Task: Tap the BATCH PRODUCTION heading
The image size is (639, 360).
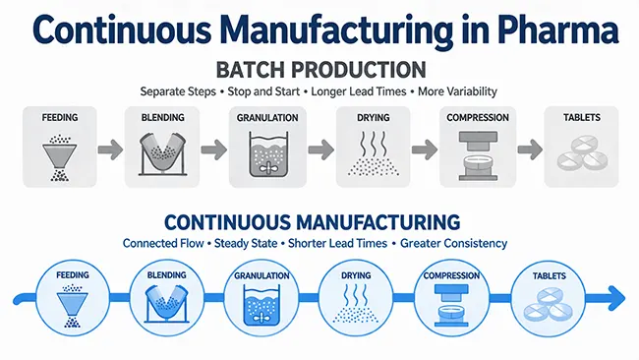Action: [x=319, y=71]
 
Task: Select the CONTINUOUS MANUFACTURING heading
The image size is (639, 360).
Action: [x=319, y=221]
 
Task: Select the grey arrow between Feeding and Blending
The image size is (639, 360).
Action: [x=111, y=150]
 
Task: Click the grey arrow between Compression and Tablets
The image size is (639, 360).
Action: [x=528, y=150]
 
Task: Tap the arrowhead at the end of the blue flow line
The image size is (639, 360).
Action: [x=615, y=296]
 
